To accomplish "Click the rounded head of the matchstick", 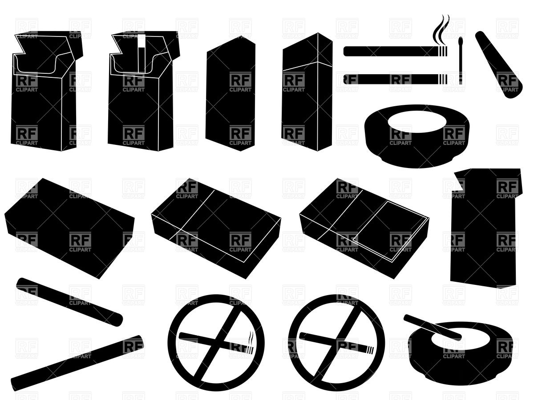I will tap(461, 42).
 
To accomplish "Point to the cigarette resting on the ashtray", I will tap(432, 327).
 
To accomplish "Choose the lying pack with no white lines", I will tap(69, 227).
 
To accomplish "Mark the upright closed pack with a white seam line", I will tap(307, 93).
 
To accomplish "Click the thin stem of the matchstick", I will tap(461, 67).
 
